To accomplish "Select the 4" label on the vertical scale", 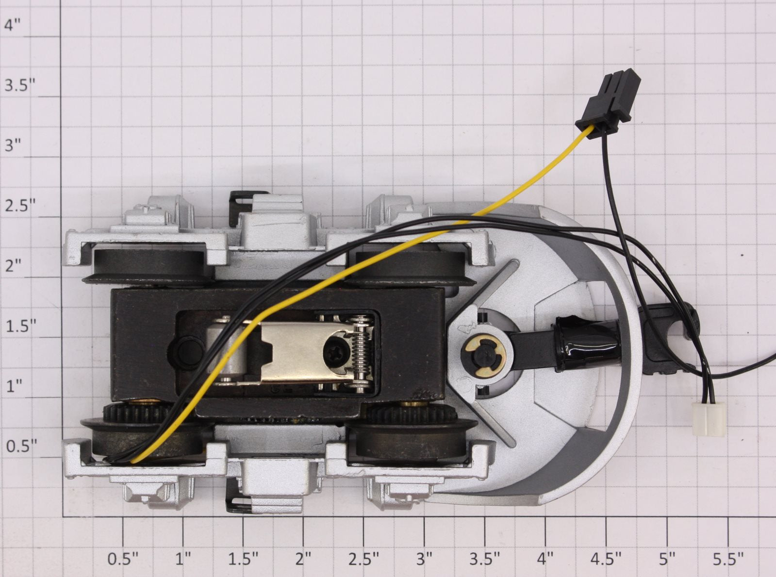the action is (13, 25).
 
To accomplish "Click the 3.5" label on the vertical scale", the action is (20, 85).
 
